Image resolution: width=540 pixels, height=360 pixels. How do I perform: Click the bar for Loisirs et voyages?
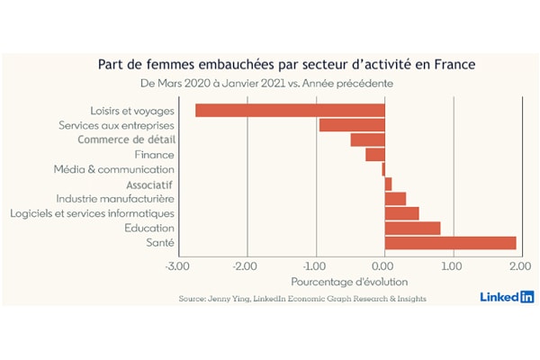tap(290, 111)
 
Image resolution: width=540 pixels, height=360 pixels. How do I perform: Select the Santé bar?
tap(451, 243)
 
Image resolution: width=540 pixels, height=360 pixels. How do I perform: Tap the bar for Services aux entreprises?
tap(352, 125)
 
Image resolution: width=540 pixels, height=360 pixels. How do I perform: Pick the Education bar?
tap(412, 229)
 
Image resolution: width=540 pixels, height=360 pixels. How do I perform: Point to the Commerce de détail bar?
tap(368, 139)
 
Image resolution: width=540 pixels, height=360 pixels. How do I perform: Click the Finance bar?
tap(375, 155)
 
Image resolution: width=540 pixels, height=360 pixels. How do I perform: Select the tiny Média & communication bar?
tap(383, 169)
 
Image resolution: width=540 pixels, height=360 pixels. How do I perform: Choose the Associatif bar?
tap(388, 184)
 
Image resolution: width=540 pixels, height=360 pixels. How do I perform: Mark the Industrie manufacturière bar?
tap(395, 199)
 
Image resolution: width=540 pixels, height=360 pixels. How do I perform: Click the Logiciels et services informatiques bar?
tap(402, 213)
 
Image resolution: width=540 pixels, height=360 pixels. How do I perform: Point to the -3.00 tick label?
tap(177, 266)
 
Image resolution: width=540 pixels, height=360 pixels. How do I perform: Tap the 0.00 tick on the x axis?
tap(382, 266)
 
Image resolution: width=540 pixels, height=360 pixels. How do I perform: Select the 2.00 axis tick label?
tap(520, 266)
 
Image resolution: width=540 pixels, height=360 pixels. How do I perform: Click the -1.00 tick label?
tap(314, 266)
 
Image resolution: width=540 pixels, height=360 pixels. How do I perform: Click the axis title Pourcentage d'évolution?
tap(349, 282)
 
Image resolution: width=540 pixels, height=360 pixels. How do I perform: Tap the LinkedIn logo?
tap(508, 297)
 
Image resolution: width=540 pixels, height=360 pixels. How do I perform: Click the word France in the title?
tap(454, 65)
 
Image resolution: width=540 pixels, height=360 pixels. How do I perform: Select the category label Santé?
tap(160, 242)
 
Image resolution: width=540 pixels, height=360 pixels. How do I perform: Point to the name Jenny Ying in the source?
tap(228, 299)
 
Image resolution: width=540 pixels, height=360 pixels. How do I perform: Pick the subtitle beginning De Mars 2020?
tap(267, 84)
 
